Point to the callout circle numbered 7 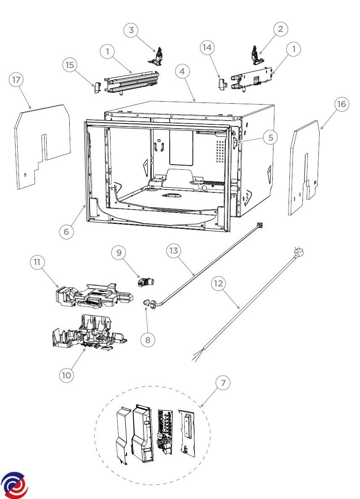(x=223, y=383)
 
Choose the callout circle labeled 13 (x=174, y=251)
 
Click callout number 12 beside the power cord (x=218, y=284)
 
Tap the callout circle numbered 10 (x=66, y=375)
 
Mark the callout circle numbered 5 (x=271, y=137)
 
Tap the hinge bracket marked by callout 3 (x=158, y=58)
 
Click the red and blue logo (x=15, y=486)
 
